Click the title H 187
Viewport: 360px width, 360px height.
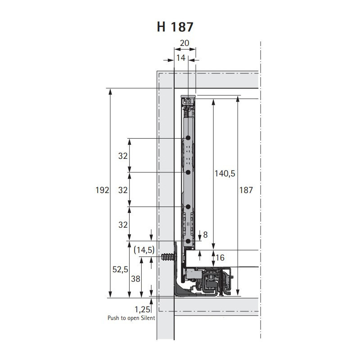[x=175, y=27]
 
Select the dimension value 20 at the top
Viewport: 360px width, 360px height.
[x=184, y=43]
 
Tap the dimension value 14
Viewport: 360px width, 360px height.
[x=181, y=58]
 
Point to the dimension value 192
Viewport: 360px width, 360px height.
[x=102, y=190]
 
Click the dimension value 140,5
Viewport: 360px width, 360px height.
[x=225, y=173]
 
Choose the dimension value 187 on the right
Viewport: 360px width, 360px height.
[x=246, y=190]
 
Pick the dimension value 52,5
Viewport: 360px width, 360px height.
[x=120, y=269]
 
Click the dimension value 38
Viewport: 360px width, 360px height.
[x=135, y=279]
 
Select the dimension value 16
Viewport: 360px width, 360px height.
[x=220, y=257]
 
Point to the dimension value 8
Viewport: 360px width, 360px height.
[x=205, y=234]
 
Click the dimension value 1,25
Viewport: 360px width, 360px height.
[x=142, y=310]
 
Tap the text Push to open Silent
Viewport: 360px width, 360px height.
[x=131, y=318]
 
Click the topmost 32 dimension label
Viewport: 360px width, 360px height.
[x=123, y=156]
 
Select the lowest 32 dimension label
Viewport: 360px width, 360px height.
[x=123, y=225]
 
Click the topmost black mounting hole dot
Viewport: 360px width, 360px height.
[x=188, y=138]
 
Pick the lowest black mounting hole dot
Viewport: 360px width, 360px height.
[x=188, y=241]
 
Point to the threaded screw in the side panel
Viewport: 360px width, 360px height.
[x=169, y=256]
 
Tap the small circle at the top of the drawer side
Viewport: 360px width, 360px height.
[x=188, y=100]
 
